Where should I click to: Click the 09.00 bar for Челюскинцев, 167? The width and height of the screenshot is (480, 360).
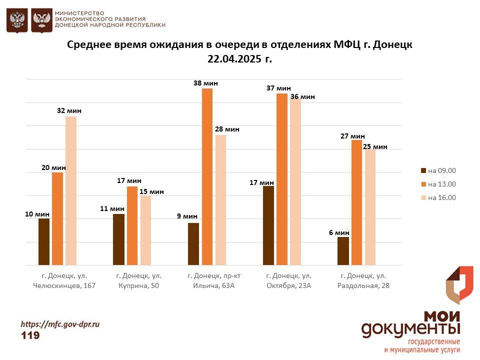[44, 241]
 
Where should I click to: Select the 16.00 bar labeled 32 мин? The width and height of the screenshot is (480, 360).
[71, 190]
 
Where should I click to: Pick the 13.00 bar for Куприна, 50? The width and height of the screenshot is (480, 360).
[132, 225]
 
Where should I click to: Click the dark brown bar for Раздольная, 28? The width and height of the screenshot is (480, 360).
[343, 250]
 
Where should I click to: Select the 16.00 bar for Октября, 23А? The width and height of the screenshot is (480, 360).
[295, 181]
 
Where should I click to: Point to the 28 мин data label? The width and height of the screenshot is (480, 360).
[227, 129]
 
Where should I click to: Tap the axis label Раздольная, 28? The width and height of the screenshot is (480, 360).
[363, 286]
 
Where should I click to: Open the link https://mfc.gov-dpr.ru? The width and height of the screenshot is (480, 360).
[60, 324]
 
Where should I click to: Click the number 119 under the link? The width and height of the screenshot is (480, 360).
[30, 335]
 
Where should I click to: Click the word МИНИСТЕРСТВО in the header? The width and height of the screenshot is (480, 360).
[79, 12]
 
